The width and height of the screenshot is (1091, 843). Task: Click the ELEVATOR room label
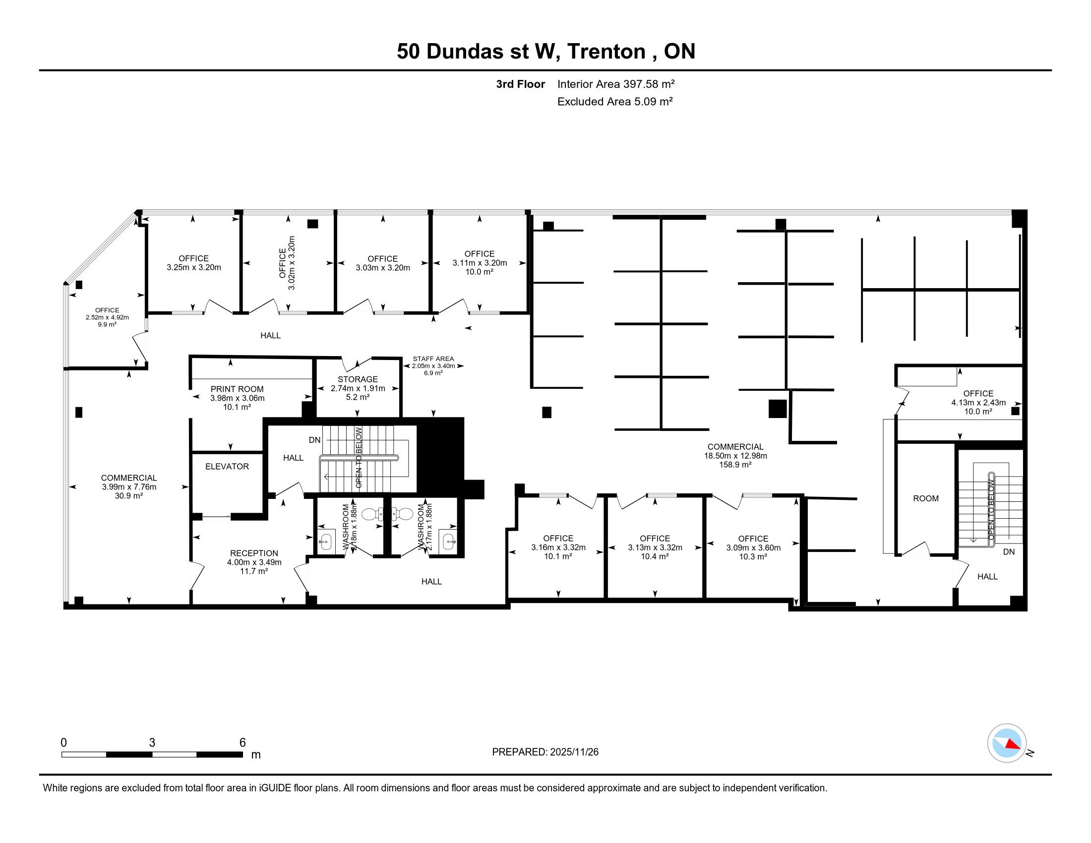click(x=227, y=467)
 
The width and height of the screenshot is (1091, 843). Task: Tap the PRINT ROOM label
click(x=237, y=389)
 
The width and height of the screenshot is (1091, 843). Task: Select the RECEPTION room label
click(x=254, y=553)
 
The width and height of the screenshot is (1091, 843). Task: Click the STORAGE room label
click(x=358, y=379)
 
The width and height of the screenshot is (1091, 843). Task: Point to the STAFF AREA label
click(x=433, y=359)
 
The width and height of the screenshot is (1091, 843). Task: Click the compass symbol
click(x=1007, y=743)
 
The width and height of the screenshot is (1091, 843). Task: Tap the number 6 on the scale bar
click(x=243, y=743)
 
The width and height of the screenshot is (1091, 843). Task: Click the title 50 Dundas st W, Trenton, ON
click(x=546, y=52)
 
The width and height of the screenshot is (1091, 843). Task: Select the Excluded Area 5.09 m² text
click(x=615, y=102)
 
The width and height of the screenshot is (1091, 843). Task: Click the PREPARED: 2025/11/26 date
click(x=545, y=752)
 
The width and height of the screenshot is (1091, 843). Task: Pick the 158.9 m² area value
click(x=735, y=465)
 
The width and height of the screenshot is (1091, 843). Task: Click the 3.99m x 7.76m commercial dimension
click(x=129, y=487)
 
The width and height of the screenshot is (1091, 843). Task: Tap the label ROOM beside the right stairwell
click(x=926, y=498)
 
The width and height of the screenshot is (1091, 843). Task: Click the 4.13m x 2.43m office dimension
click(x=978, y=403)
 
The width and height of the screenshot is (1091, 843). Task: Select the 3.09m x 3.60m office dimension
click(x=753, y=547)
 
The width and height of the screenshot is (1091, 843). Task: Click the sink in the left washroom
click(x=326, y=542)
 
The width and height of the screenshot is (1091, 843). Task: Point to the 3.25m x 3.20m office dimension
click(x=194, y=267)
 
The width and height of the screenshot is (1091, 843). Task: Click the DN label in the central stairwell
click(x=315, y=440)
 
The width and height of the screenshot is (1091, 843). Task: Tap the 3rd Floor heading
click(x=520, y=84)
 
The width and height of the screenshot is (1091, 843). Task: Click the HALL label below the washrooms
click(x=431, y=581)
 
